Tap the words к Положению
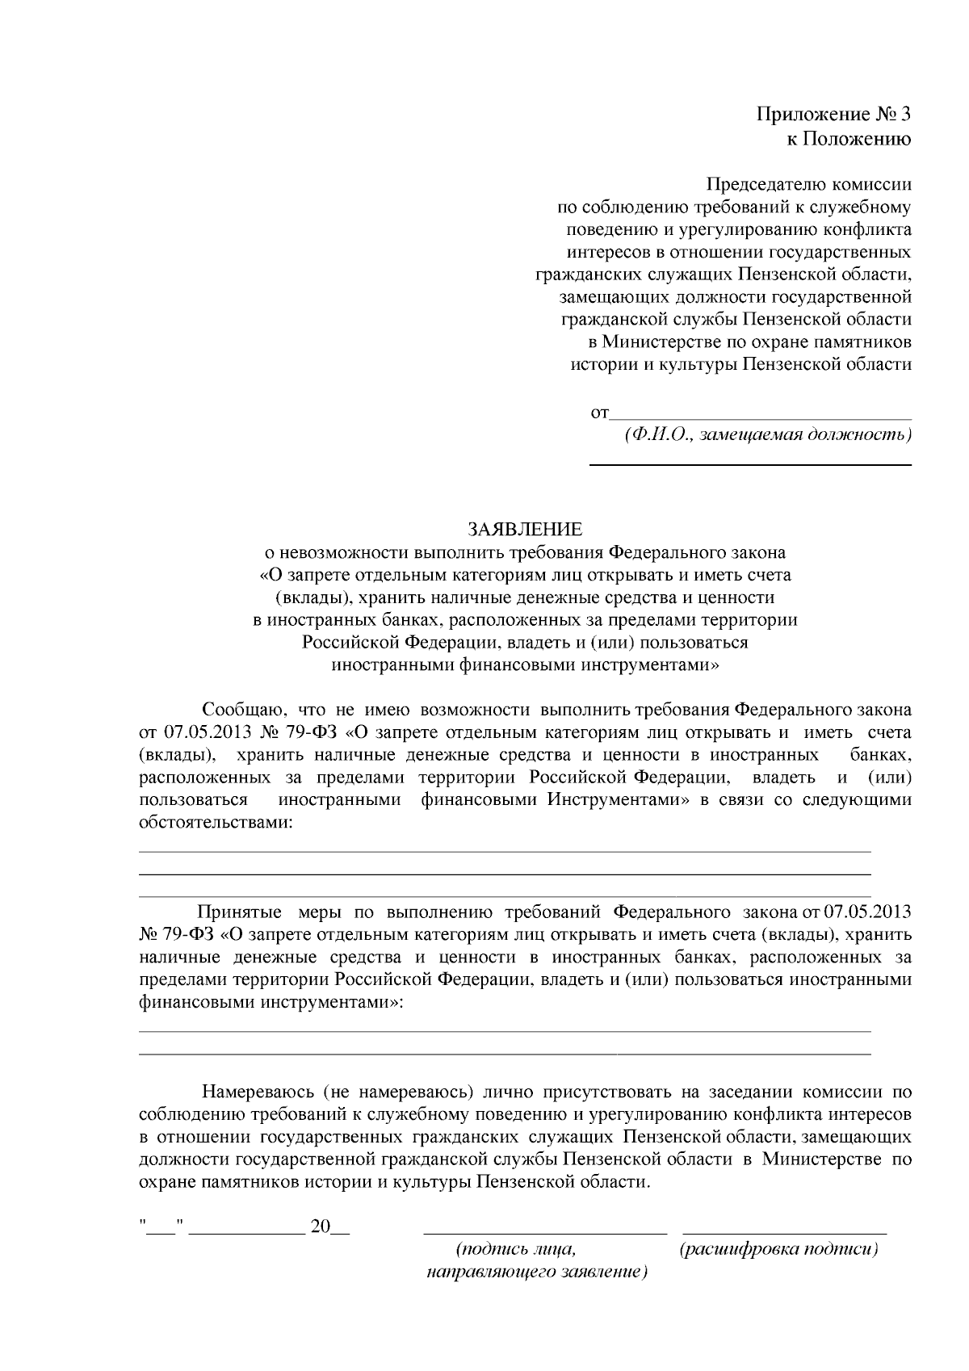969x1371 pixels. [849, 139]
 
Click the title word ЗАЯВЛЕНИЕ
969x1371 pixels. [525, 530]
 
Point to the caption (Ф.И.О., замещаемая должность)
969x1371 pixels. [767, 436]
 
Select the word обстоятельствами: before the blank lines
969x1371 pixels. [216, 823]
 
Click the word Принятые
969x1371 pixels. [239, 912]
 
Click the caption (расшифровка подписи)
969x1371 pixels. [779, 1250]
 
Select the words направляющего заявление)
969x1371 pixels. [537, 1272]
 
